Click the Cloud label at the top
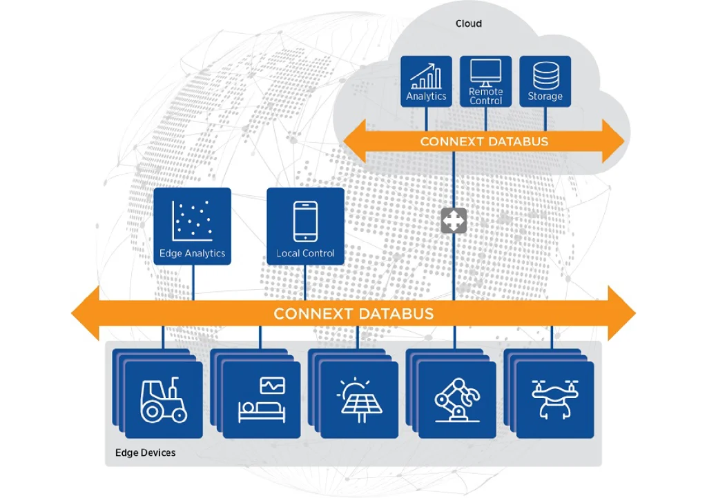469,23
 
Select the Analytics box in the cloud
426,81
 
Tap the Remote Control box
485,81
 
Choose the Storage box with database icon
545,81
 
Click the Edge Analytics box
193,226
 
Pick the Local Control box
305,226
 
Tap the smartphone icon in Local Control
305,221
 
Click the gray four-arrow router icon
454,221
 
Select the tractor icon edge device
164,400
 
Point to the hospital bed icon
262,400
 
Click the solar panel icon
359,400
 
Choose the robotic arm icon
457,400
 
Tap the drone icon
555,399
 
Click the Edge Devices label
145,452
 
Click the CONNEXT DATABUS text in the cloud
484,141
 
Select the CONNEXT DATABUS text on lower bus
353,313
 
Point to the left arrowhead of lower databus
85,313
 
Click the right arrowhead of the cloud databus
614,141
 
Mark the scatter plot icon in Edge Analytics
192,221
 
